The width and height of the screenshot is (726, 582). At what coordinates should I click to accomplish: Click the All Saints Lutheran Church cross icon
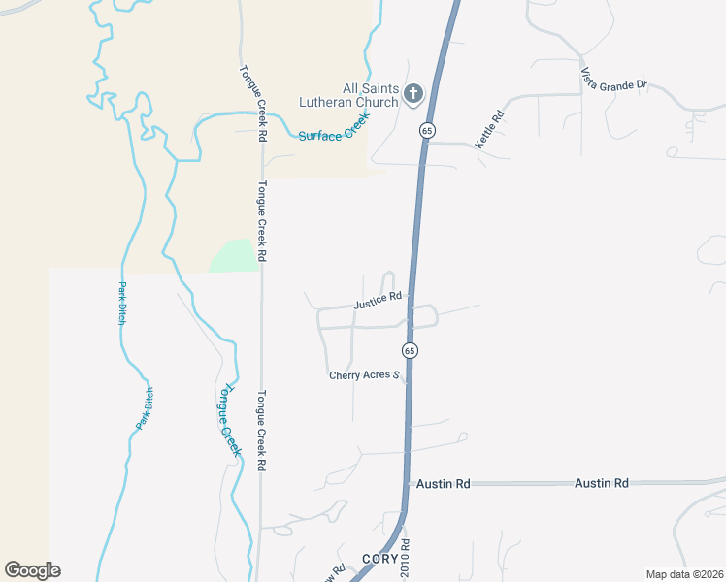click(x=413, y=94)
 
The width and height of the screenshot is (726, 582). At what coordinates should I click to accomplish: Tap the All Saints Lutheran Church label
click(x=357, y=95)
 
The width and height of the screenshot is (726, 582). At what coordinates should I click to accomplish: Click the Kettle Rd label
click(x=489, y=130)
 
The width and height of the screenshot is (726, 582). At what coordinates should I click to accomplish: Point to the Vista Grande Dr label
click(x=613, y=79)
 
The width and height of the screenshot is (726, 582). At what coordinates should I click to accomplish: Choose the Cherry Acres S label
click(x=365, y=375)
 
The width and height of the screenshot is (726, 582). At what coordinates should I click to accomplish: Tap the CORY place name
click(x=379, y=559)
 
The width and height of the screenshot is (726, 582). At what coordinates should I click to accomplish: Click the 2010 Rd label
click(x=407, y=560)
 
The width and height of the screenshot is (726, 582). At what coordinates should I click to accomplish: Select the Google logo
click(x=32, y=570)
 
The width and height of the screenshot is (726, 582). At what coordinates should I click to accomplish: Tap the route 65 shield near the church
click(x=426, y=129)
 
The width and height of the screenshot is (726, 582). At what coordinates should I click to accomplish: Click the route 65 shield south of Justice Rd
click(x=410, y=350)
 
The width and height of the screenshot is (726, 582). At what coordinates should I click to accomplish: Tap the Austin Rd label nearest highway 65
click(x=443, y=483)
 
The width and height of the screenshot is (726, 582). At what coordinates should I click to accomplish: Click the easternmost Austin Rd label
click(x=601, y=482)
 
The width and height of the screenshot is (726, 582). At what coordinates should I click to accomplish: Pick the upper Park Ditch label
click(x=122, y=304)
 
